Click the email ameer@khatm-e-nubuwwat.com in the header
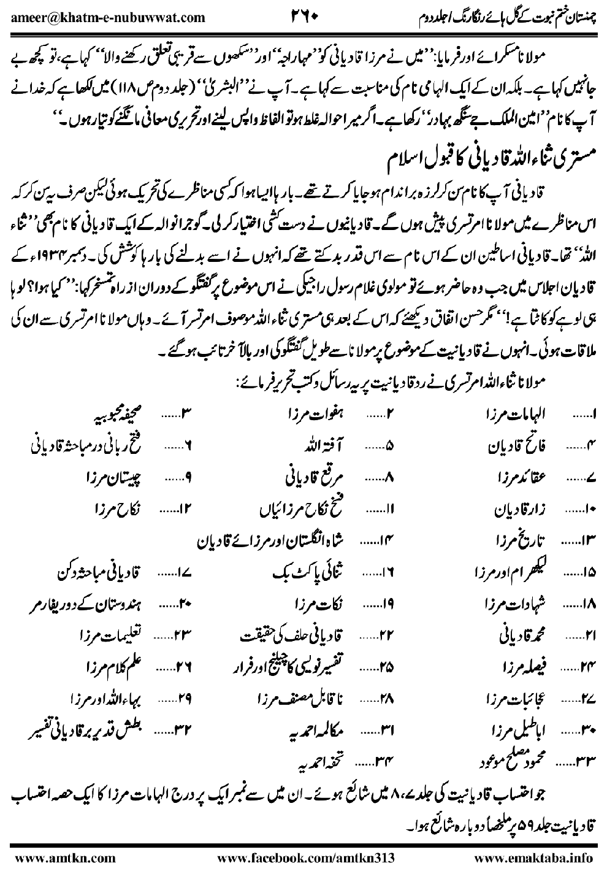click(108, 17)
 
